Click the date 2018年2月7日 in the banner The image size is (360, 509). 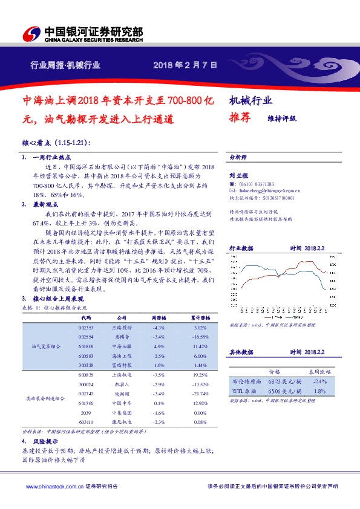coord(185,65)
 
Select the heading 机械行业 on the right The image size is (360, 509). coord(251,101)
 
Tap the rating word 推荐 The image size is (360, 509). coord(240,118)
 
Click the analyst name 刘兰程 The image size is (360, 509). coord(237,175)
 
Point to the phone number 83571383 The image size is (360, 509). coord(262,184)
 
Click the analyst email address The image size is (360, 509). coord(266,190)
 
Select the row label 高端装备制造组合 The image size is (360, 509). coord(46,398)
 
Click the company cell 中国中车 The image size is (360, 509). coord(120,404)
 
